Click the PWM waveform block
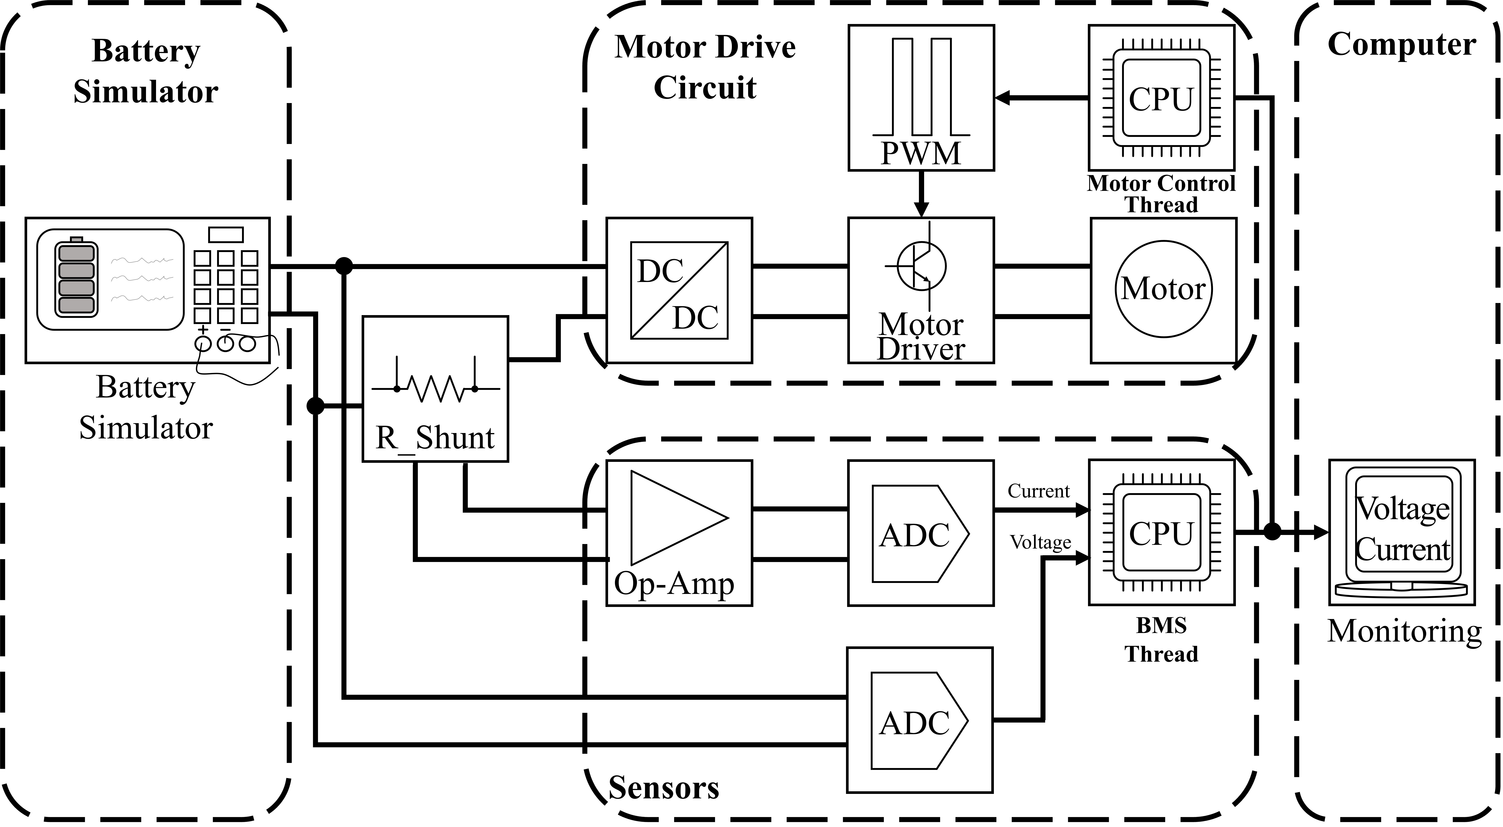point(921,97)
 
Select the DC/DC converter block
point(679,290)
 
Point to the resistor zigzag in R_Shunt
point(436,388)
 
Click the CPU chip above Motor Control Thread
point(1161,97)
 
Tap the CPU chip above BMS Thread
point(1161,532)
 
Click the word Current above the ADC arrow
point(1039,491)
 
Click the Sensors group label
point(663,788)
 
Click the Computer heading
point(1401,44)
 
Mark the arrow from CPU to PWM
point(1041,97)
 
